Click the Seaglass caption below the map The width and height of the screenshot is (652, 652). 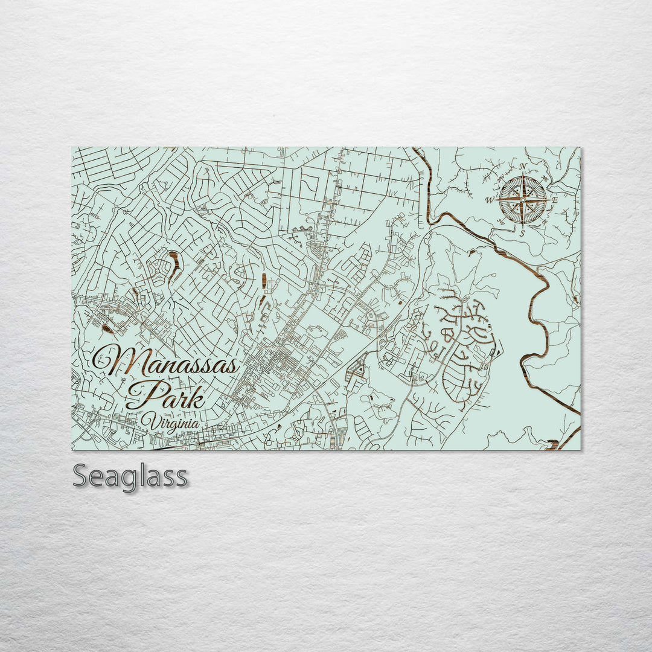130,476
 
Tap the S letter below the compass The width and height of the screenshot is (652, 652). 523,232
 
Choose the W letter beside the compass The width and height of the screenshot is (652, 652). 490,200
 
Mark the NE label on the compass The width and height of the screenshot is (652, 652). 546,177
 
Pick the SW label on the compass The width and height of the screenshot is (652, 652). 500,222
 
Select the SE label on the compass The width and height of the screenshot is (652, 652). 546,222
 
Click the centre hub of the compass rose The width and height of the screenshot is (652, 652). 523,199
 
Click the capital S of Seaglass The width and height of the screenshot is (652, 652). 81,476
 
